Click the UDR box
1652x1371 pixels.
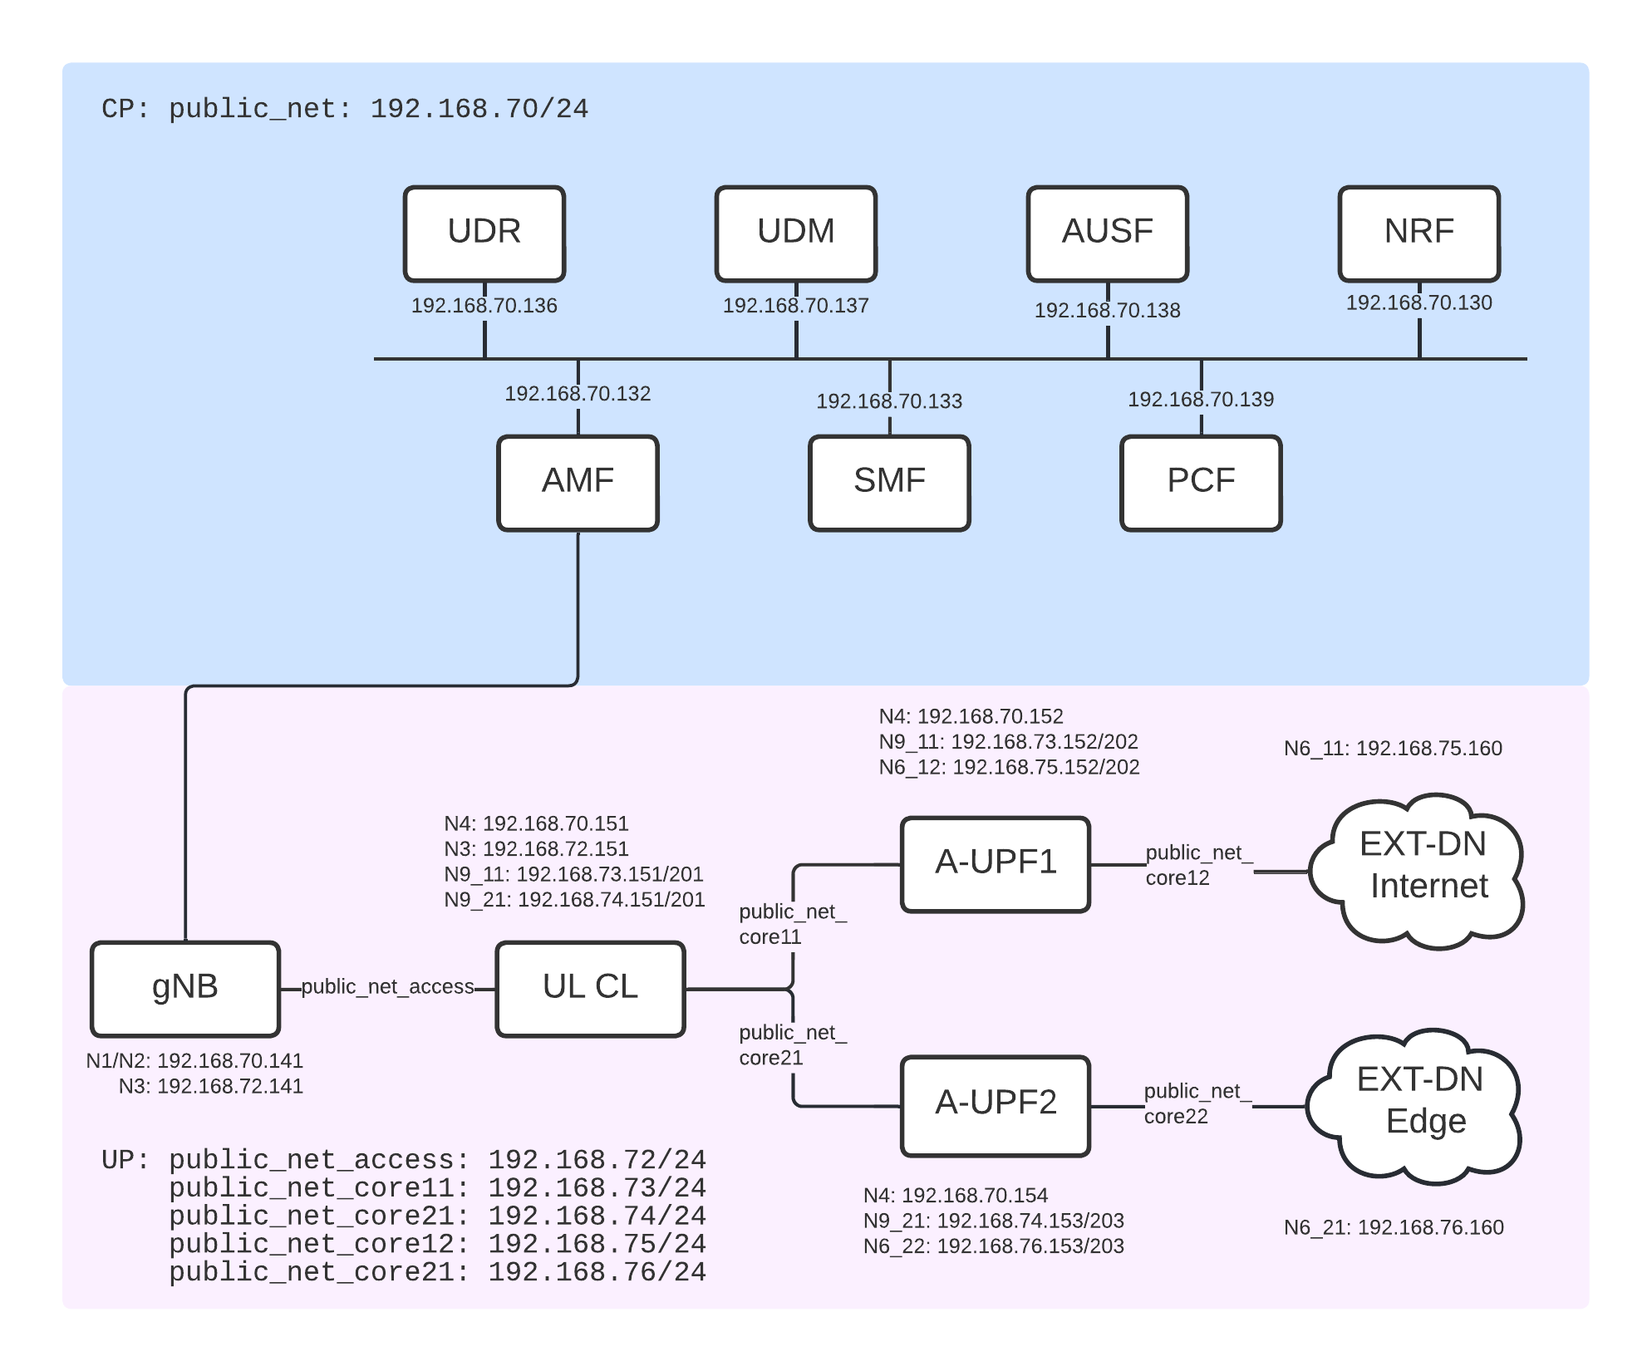coord(484,233)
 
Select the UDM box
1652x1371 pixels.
coord(795,233)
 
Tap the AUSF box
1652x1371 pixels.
coord(1107,233)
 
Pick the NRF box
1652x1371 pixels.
coord(1418,233)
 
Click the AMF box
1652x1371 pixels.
coord(578,483)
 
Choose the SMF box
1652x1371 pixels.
coord(889,483)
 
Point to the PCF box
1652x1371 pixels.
coord(1201,483)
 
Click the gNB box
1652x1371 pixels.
coord(185,989)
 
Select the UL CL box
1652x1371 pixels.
coord(590,989)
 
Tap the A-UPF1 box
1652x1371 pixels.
coord(996,864)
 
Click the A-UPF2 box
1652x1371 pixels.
coord(996,1105)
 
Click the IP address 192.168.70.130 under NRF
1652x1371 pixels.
coord(1418,302)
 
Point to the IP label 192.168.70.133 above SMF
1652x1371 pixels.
coord(889,401)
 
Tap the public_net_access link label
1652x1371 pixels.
coord(387,987)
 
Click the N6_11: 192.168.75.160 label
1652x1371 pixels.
coord(1393,749)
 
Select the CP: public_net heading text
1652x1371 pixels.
coord(345,110)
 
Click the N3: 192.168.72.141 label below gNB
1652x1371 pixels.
coord(210,1086)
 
